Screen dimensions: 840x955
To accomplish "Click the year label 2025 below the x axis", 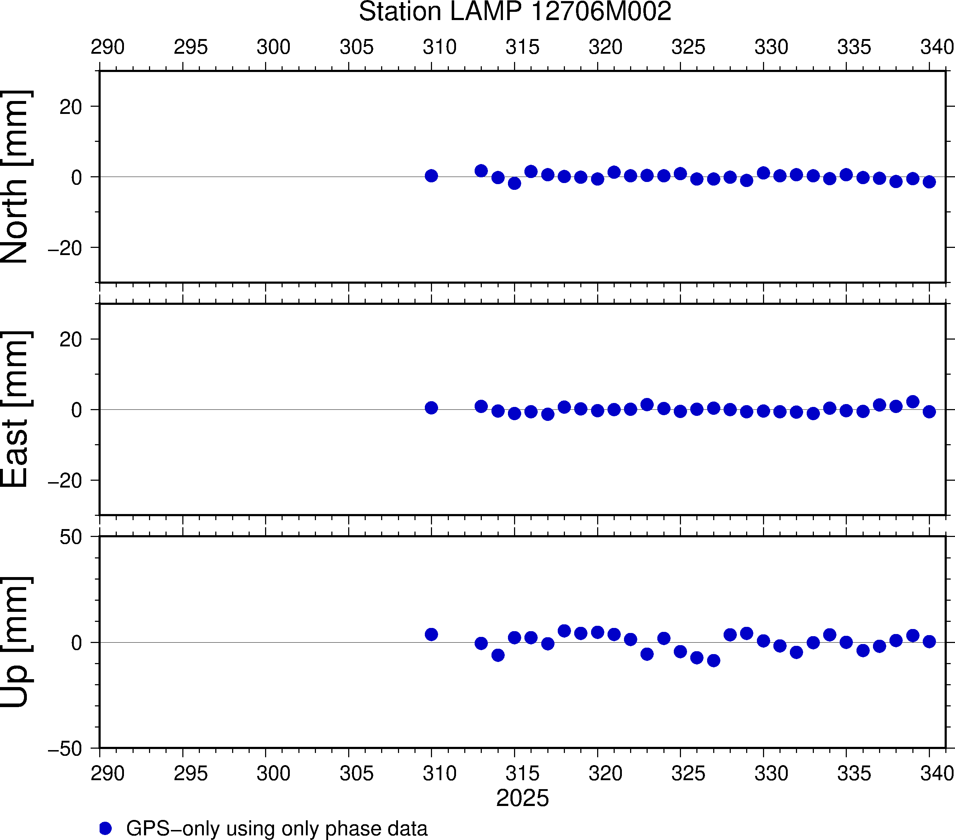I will pyautogui.click(x=522, y=798).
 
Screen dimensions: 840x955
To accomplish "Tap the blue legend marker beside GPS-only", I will pyautogui.click(x=106, y=828).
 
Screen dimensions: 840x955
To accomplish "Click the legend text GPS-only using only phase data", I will pyautogui.click(x=277, y=828).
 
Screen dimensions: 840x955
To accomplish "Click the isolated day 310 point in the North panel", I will pyautogui.click(x=431, y=176).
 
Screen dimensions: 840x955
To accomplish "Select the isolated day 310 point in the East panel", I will pyautogui.click(x=431, y=408).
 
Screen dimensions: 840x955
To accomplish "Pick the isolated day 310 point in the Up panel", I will pyautogui.click(x=431, y=634).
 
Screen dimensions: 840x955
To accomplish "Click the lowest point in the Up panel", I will pyautogui.click(x=714, y=661).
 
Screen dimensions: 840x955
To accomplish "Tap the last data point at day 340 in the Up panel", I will pyautogui.click(x=929, y=642).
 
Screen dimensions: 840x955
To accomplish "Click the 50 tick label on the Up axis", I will pyautogui.click(x=71, y=537).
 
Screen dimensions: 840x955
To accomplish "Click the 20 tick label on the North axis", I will pyautogui.click(x=71, y=107).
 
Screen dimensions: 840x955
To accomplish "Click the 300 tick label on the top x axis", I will pyautogui.click(x=273, y=47).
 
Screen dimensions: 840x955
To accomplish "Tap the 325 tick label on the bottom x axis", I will pyautogui.click(x=688, y=774).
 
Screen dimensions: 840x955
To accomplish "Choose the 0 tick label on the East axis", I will pyautogui.click(x=76, y=410).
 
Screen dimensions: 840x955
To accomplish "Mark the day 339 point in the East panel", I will pyautogui.click(x=912, y=402).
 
